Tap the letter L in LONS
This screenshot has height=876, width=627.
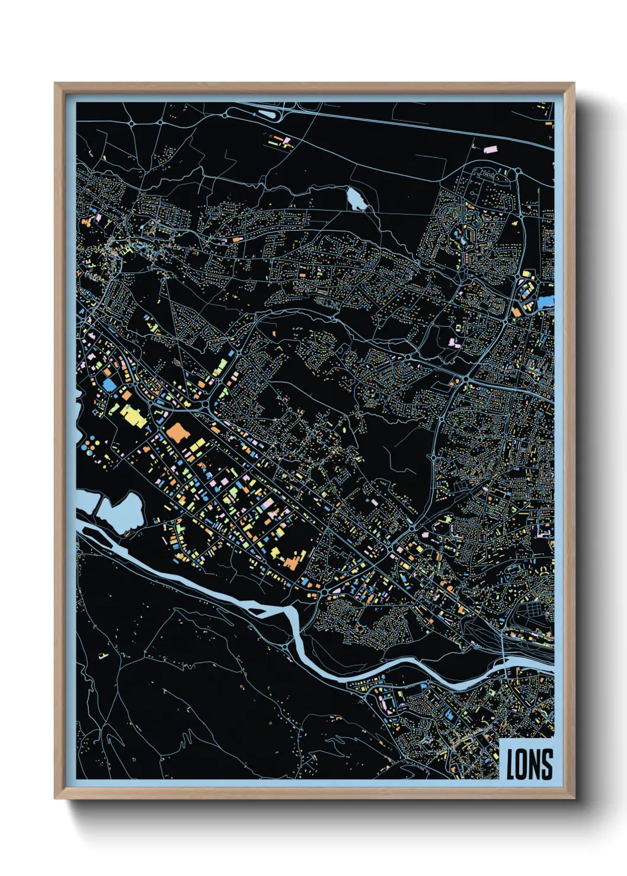tap(510, 764)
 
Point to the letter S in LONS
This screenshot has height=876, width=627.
tap(548, 764)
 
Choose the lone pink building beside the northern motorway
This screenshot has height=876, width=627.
tap(490, 149)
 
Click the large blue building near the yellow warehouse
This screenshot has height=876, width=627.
tap(110, 384)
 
